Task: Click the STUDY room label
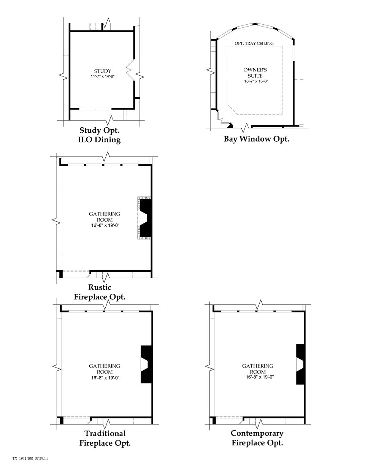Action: point(102,71)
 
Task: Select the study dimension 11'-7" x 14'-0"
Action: point(102,76)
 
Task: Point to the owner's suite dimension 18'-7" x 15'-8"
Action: point(255,81)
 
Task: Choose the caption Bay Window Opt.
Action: point(256,139)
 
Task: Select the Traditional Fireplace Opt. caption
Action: point(105,438)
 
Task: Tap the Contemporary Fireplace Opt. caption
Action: point(257,438)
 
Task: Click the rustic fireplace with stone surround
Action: point(145,218)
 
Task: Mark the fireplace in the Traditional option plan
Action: point(146,364)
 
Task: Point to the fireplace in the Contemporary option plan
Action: point(300,364)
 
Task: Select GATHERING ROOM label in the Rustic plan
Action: point(105,217)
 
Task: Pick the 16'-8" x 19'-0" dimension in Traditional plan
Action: point(105,377)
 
